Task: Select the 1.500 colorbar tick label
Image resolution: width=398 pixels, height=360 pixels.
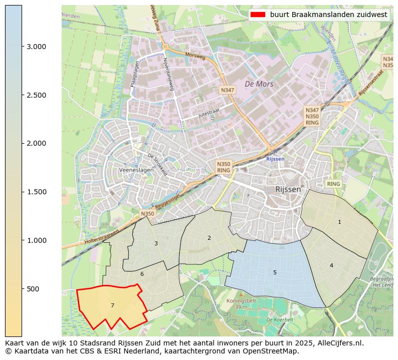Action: pos(36,192)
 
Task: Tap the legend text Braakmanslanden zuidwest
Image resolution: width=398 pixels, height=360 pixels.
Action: pos(328,15)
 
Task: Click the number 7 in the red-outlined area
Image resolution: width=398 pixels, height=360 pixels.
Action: pos(112,305)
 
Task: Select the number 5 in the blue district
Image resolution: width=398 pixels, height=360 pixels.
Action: pos(275,272)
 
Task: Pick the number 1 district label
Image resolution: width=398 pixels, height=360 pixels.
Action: pos(339,222)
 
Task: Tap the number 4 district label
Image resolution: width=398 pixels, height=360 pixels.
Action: pos(331,265)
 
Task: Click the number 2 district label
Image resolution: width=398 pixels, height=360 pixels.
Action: pos(209,238)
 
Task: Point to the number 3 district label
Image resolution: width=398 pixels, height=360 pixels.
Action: pos(156,243)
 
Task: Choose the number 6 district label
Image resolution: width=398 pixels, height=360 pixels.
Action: pos(142,274)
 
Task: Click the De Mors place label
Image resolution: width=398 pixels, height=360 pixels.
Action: pos(259,84)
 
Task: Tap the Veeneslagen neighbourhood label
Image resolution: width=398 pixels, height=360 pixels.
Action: pos(136,170)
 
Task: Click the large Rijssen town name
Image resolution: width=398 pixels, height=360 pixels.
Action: pos(288,189)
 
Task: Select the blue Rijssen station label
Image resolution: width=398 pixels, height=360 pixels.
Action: pos(275,159)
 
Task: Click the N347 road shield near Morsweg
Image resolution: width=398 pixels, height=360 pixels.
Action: pos(227,90)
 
